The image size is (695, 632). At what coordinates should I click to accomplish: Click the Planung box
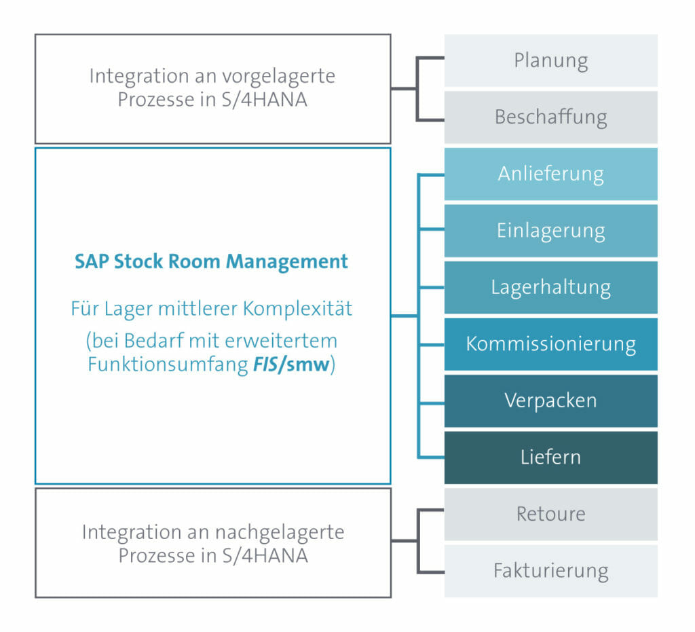[551, 60]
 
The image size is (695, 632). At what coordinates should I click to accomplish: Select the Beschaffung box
[551, 117]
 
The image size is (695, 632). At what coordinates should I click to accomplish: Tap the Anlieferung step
[551, 174]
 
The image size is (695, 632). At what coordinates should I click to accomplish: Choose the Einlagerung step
[551, 230]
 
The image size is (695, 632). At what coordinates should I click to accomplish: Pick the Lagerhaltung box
[551, 287]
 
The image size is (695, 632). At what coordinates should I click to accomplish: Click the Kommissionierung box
[551, 344]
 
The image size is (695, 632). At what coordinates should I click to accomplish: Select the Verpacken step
[551, 401]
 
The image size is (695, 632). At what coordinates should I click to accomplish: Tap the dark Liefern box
[551, 458]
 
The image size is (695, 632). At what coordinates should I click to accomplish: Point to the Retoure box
[551, 514]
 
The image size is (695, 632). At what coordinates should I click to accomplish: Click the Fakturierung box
[551, 571]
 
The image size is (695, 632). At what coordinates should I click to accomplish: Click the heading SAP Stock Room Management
[211, 262]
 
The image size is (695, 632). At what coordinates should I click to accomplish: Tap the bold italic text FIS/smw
[291, 365]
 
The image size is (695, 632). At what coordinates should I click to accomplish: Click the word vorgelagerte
[278, 77]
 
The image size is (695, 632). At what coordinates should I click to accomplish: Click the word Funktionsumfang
[168, 365]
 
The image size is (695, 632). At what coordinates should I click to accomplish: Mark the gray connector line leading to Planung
[430, 58]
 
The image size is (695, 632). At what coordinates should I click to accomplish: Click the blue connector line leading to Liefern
[431, 457]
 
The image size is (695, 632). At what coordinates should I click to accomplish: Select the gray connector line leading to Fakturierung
[430, 572]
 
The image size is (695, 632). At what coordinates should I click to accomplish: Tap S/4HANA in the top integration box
[264, 100]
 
